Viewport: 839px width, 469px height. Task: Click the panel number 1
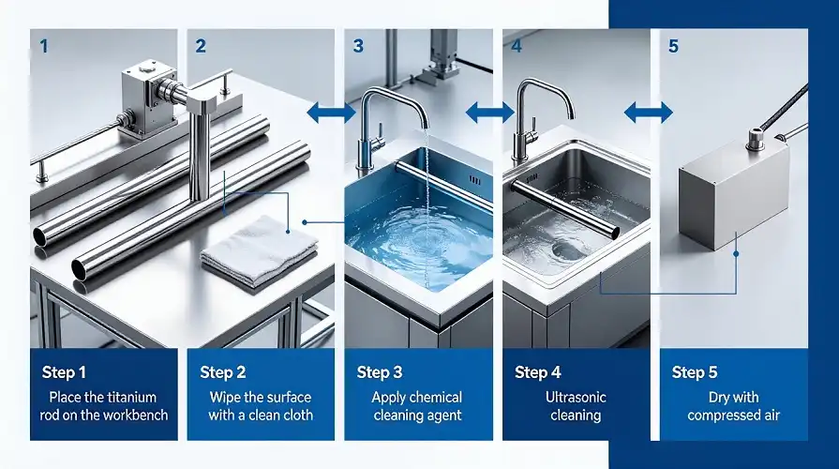point(44,46)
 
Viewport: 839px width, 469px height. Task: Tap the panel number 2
point(201,46)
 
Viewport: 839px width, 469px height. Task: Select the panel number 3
point(358,46)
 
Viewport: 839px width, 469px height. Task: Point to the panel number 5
point(673,46)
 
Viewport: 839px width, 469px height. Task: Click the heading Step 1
point(64,372)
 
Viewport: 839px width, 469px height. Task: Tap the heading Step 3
point(380,372)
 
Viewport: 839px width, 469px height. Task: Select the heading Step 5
point(695,372)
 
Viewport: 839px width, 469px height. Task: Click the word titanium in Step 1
point(132,398)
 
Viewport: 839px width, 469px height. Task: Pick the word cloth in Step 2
point(296,415)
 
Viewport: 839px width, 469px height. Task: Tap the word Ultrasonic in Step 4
point(576,398)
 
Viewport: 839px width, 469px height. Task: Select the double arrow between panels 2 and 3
point(332,113)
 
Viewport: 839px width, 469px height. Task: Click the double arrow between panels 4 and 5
point(649,113)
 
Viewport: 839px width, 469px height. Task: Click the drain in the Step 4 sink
point(565,250)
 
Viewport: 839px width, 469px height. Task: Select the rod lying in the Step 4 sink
point(564,208)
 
